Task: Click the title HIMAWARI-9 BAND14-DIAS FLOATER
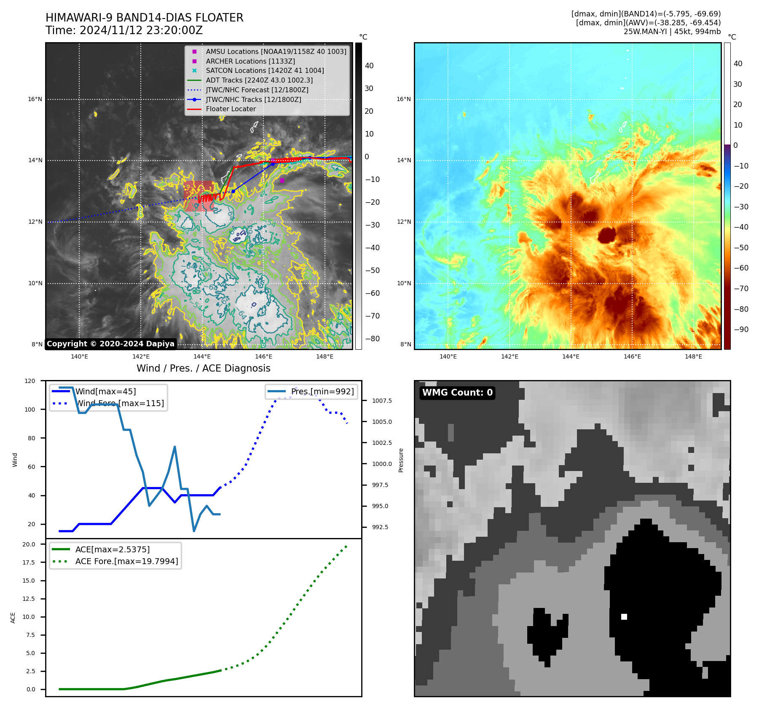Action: [144, 18]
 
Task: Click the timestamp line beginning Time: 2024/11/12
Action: [124, 30]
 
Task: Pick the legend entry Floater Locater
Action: [231, 109]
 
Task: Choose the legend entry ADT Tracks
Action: [259, 80]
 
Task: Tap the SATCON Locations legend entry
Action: [265, 70]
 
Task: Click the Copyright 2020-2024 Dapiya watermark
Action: [110, 344]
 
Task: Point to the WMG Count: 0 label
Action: [457, 393]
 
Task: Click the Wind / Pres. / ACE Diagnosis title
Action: [203, 368]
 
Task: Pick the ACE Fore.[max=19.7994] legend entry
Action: [126, 561]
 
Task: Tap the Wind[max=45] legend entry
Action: [105, 391]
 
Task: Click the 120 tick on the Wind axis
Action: [30, 381]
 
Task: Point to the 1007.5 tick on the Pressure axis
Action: [382, 401]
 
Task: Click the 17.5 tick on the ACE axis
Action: [29, 562]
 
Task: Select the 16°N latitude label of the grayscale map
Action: [35, 99]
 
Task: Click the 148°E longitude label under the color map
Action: [693, 356]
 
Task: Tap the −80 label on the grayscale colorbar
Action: [372, 339]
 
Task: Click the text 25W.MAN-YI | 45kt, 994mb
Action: [672, 32]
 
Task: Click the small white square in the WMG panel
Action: [624, 617]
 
